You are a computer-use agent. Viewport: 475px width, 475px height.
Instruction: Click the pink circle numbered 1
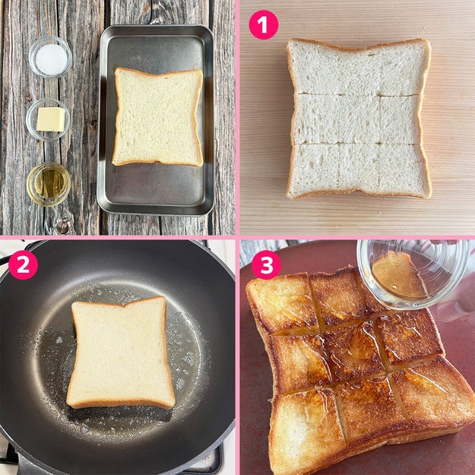point(263,24)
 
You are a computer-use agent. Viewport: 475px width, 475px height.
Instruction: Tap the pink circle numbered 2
point(23,264)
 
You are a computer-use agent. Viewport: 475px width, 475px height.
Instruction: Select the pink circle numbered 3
point(266,264)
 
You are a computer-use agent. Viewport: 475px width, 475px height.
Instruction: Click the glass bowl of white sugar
point(50,57)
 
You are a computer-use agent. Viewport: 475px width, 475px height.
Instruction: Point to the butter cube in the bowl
point(51,119)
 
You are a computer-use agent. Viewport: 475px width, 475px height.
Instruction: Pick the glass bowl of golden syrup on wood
point(49,184)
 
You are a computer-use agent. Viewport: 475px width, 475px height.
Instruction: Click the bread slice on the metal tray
point(158,117)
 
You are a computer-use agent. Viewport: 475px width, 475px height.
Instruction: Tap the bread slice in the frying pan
point(121,353)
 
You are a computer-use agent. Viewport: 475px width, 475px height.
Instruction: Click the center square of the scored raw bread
point(359,119)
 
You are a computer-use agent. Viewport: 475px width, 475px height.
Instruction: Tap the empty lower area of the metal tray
point(154,188)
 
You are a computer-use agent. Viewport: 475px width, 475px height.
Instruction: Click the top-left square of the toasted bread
point(282,303)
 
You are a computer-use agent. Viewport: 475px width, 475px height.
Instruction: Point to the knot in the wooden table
point(63,226)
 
